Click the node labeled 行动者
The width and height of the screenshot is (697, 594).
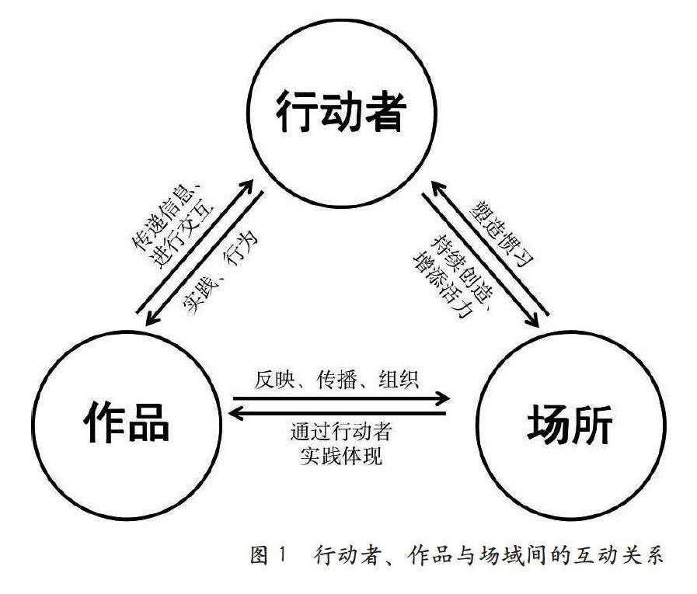tap(340, 115)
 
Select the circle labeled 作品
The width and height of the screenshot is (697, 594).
tap(125, 423)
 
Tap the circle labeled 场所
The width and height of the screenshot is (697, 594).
tap(570, 423)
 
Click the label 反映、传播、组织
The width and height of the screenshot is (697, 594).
tap(337, 380)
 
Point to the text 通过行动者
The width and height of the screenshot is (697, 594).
tap(339, 432)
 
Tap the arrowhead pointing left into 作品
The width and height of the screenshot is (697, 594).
tap(234, 414)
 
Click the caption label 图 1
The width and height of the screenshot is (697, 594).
tap(269, 555)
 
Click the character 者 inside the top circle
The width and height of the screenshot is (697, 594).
tap(385, 115)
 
